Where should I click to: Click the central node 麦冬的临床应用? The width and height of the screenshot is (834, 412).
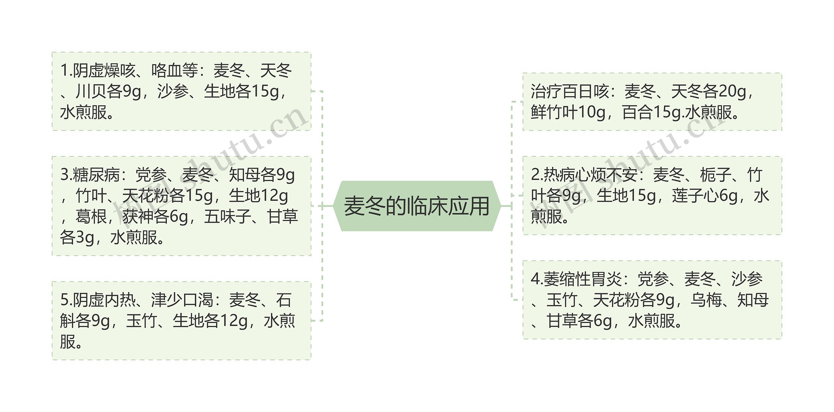417,206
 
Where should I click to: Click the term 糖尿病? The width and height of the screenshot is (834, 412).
96,175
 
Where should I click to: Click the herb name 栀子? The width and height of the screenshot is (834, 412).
715,175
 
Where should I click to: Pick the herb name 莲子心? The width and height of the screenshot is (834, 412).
695,196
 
